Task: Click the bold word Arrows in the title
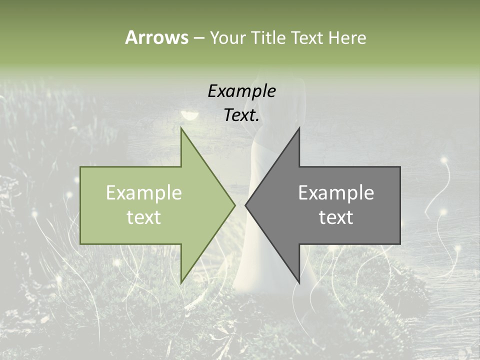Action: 156,37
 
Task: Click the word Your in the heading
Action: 226,38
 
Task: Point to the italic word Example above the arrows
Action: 241,91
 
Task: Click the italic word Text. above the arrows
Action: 241,115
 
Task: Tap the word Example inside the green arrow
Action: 144,193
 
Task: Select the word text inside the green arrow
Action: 144,217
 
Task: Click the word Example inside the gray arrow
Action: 336,193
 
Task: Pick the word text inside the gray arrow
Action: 336,217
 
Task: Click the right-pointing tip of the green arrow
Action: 234,205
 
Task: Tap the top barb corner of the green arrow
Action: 181,129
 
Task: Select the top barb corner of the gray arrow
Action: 299,129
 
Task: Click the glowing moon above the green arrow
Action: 189,116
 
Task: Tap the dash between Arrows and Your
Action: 198,38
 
